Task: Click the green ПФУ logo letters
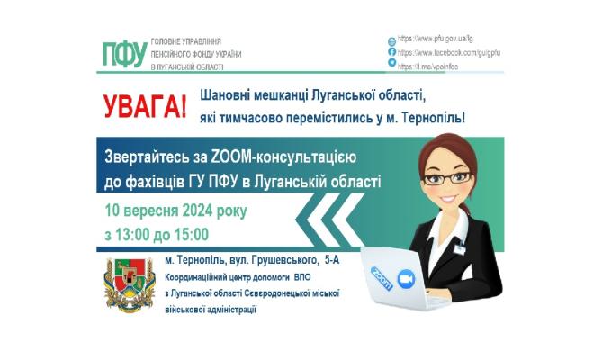click(122, 54)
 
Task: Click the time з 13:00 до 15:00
click(155, 236)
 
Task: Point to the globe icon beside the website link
click(391, 41)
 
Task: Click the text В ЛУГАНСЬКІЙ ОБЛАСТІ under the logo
click(189, 68)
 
